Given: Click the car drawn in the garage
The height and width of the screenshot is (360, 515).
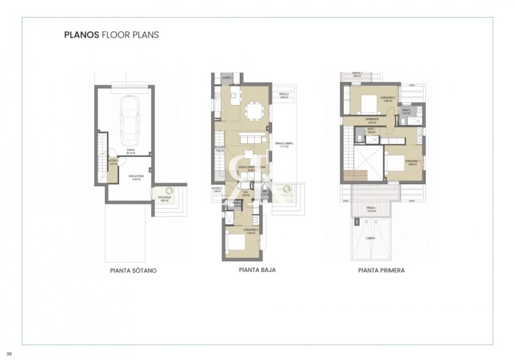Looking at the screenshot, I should click(128, 117).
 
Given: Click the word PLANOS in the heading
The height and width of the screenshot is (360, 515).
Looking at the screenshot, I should click(81, 33).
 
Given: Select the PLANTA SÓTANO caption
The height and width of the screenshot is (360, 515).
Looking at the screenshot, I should click(133, 271).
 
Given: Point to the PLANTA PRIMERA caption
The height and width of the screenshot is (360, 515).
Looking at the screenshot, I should click(381, 271).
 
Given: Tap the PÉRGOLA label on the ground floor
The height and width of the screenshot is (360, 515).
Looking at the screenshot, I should click(285, 95).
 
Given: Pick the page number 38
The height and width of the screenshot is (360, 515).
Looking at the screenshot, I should click(9, 352).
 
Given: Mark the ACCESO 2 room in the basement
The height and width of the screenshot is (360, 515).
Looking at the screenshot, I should click(113, 164).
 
